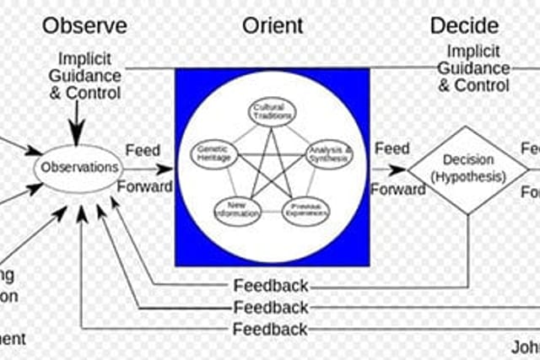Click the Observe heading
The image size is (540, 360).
[84, 25]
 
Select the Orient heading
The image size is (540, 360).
[272, 25]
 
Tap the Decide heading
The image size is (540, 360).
[463, 25]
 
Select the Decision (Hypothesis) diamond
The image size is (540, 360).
[467, 170]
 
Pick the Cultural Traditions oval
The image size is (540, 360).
[272, 111]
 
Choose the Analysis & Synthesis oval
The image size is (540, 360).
[328, 153]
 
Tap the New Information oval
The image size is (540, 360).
[237, 209]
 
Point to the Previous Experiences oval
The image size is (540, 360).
[305, 210]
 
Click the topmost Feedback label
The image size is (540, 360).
[271, 286]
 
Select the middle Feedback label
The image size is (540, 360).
[271, 308]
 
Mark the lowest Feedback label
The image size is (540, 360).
[271, 329]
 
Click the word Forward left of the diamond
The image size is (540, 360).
[397, 190]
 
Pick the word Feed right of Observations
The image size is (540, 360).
[143, 150]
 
